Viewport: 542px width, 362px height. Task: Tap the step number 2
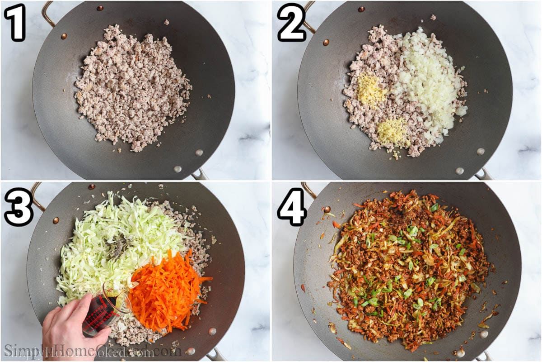pos(291,22)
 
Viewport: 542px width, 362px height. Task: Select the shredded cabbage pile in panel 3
pos(113,244)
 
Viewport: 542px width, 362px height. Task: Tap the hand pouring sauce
pos(72,326)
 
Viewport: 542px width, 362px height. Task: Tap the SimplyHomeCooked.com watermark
pos(90,351)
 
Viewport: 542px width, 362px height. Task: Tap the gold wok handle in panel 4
pos(309,190)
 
